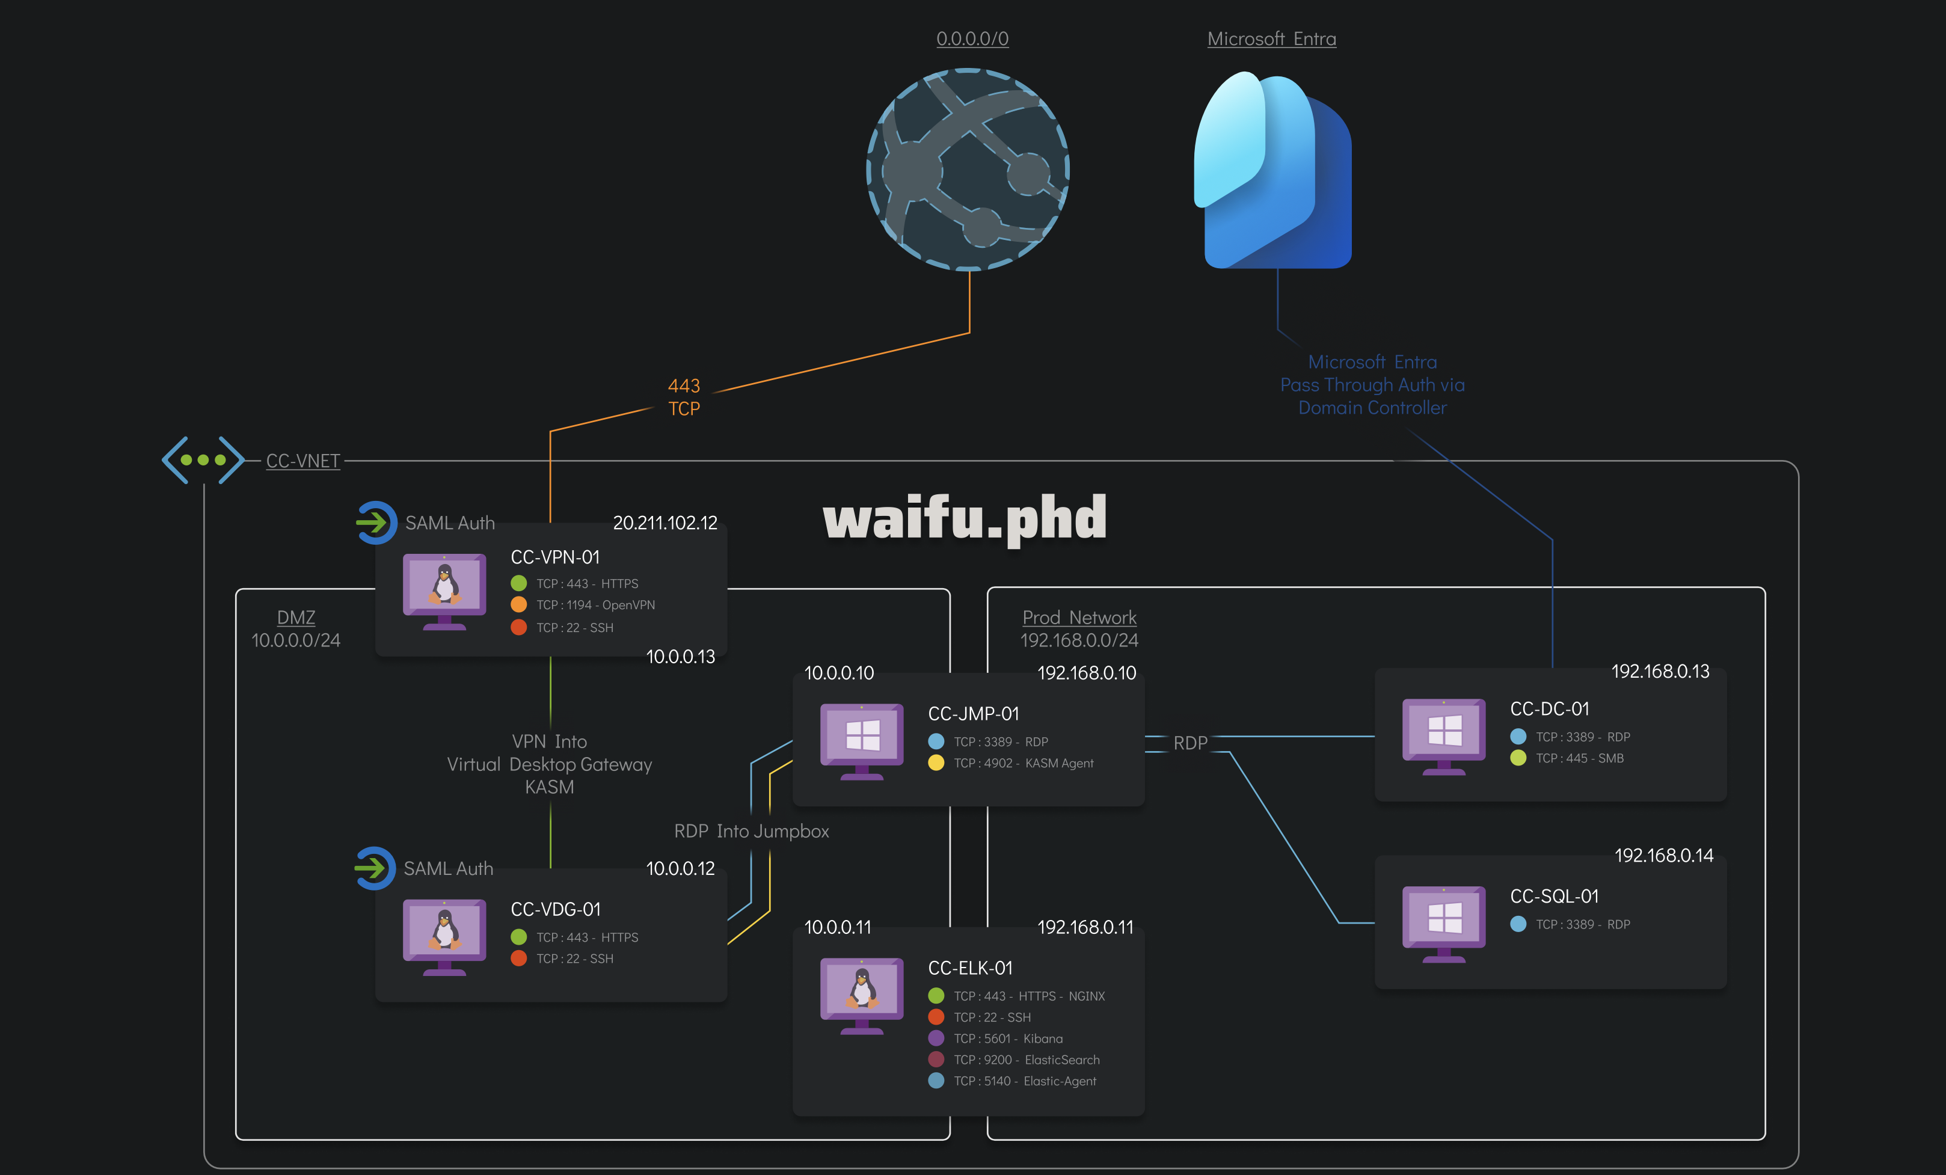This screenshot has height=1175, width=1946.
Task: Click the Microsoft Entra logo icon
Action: click(x=1272, y=170)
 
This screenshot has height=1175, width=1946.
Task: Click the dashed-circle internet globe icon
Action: click(x=968, y=169)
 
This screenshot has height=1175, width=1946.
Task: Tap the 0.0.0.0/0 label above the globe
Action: click(x=972, y=38)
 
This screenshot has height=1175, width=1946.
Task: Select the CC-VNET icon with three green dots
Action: click(x=203, y=459)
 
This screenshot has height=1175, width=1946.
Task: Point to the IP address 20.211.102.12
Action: click(x=665, y=523)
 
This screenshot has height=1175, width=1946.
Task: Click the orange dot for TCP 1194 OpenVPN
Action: click(x=519, y=605)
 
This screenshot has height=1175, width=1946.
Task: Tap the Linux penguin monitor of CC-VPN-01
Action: click(x=444, y=591)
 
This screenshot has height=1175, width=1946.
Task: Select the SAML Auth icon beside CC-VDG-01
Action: click(x=375, y=868)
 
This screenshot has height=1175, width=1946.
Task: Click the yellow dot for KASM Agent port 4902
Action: click(x=936, y=763)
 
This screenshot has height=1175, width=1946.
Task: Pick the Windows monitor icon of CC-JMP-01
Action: click(x=862, y=740)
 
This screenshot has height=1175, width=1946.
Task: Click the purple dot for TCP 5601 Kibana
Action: click(x=936, y=1038)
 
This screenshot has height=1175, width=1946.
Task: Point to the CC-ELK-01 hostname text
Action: click(x=970, y=968)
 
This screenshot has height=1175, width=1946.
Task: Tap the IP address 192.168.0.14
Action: click(x=1663, y=855)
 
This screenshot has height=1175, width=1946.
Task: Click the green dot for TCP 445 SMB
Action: click(x=1518, y=758)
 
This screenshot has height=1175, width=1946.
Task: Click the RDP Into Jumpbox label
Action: click(x=751, y=830)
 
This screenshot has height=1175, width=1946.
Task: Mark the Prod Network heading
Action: click(x=1079, y=618)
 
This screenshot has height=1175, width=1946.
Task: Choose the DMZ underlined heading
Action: click(x=296, y=618)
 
